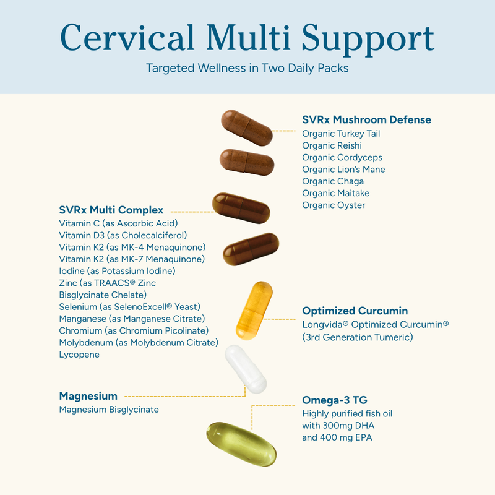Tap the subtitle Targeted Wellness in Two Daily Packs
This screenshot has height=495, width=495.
247,67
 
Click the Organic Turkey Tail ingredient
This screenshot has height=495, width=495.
341,134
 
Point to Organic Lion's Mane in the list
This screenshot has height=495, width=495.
343,170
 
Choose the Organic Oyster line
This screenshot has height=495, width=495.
334,205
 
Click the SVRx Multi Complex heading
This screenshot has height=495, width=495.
111,210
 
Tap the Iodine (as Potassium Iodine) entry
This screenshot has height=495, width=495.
118,271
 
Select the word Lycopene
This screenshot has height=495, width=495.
79,355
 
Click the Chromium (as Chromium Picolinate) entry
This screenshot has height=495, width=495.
134,331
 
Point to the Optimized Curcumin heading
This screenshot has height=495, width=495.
355,311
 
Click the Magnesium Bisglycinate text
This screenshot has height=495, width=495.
109,410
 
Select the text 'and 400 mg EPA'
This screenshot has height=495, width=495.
337,437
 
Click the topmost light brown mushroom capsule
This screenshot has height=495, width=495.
247,127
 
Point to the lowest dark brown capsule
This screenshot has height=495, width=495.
251,250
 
